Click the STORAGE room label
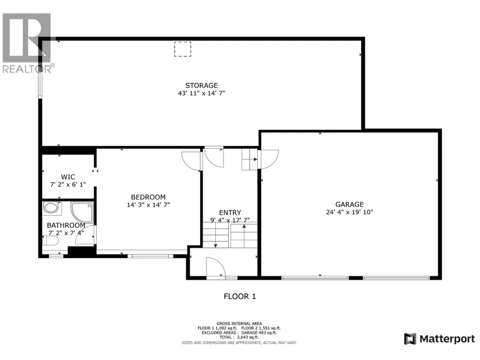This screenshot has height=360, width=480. pos(201,85)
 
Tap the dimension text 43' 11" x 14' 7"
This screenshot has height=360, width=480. pos(201,93)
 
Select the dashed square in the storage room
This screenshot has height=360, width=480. pos(183,49)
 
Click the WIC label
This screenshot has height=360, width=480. pos(68,177)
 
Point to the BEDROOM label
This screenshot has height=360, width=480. pos(148,197)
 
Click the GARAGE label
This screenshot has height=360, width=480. pos(349,205)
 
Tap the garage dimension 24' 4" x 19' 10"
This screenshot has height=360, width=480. pos(349,212)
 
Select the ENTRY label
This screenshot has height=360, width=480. pos(230,212)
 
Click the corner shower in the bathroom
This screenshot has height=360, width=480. pos(82,212)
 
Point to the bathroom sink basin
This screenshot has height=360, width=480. pos(51,208)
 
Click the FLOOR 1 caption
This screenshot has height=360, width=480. pos(240,297)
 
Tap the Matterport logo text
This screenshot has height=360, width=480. pos(447,339)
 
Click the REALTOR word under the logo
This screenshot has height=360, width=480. pos(27,69)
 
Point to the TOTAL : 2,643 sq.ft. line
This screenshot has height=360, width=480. pos(239,337)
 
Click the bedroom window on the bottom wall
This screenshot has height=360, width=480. pos(150,256)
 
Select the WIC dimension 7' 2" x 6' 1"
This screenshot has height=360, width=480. pos(68,184)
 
